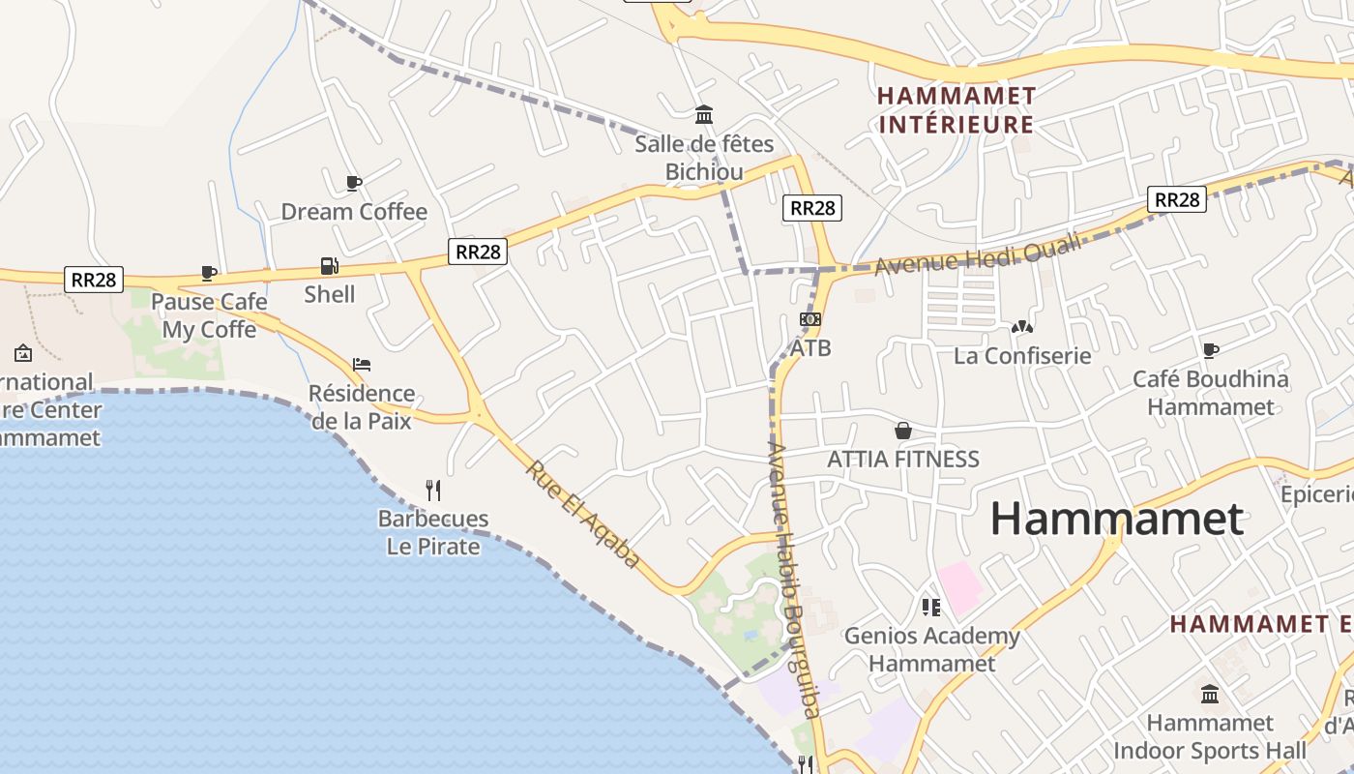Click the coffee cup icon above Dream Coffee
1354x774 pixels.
353,183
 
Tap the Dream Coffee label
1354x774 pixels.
353,212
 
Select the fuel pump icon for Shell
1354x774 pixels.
329,266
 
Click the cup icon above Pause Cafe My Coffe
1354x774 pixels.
208,273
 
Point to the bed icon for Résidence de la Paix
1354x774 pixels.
362,365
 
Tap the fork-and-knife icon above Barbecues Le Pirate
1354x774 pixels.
433,490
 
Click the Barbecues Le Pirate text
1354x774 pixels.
432,532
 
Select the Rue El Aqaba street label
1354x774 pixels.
583,514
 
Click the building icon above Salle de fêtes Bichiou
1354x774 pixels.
704,115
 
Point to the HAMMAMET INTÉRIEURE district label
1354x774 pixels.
956,110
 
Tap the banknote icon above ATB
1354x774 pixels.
809,319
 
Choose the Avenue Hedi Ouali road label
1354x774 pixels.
977,254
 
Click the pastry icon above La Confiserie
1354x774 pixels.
1021,328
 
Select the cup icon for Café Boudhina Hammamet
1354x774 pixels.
1211,350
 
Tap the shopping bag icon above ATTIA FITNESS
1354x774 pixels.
903,431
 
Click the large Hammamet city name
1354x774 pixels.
1116,519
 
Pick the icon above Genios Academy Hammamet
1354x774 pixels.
930,608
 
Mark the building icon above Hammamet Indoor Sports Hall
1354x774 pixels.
1209,695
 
